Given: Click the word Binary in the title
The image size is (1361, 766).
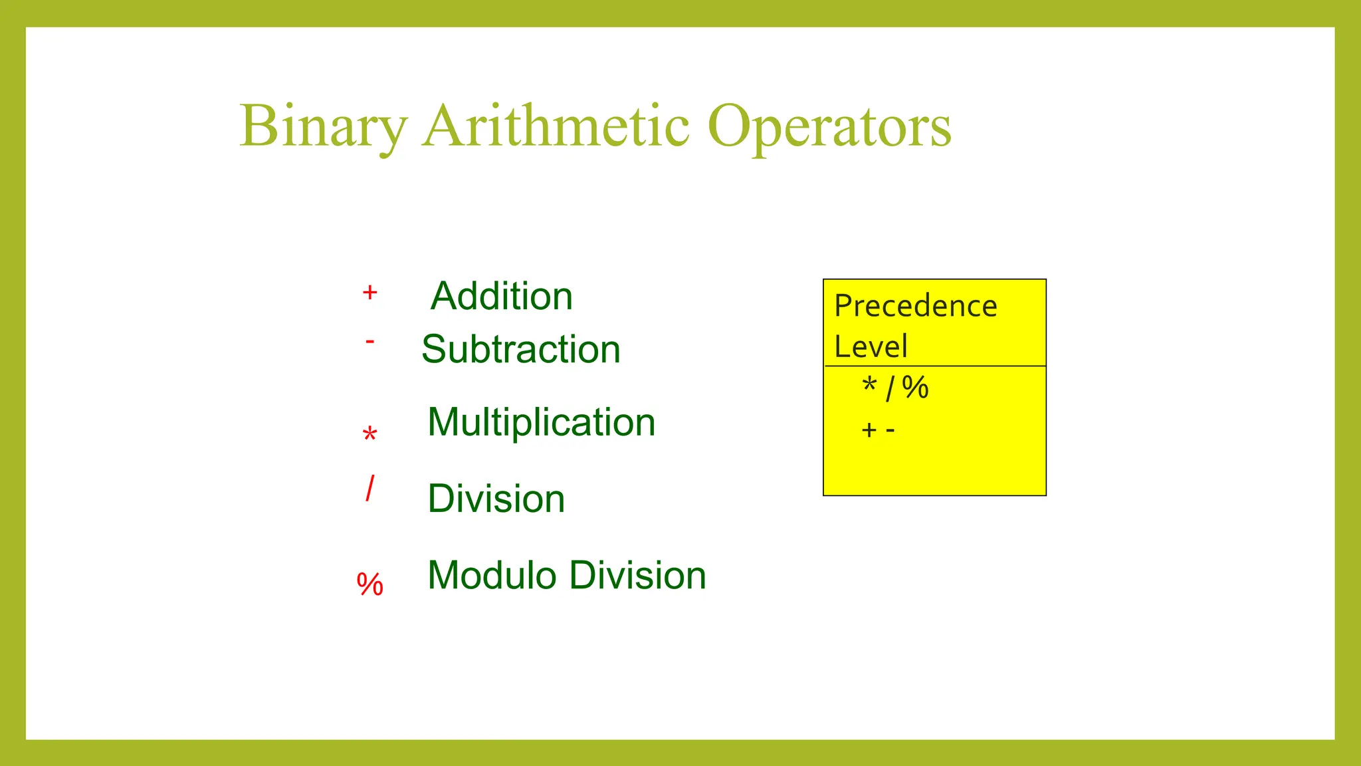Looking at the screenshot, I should click(x=323, y=126).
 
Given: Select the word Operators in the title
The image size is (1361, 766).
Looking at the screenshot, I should click(x=829, y=126).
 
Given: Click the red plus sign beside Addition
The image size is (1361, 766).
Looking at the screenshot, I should click(x=370, y=292).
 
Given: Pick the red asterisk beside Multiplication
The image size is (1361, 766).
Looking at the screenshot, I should click(x=370, y=435).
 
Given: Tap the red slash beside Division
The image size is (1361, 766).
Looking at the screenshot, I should click(x=370, y=489).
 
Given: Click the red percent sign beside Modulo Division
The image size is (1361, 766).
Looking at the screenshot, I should click(x=370, y=584).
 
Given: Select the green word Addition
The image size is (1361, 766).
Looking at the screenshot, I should click(x=502, y=296).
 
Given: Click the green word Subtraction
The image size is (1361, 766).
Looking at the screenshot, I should click(x=521, y=349).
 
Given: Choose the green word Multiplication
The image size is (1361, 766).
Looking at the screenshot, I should click(x=542, y=422).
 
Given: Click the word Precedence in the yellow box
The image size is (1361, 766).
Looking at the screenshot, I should click(x=916, y=307).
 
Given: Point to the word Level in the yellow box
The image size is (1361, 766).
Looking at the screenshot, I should click(x=871, y=346).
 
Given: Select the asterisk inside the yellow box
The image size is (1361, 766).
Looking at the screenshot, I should click(x=869, y=385).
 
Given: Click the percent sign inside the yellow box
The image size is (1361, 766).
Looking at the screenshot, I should click(x=916, y=388).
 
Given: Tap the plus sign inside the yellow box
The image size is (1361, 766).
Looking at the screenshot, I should click(x=869, y=430).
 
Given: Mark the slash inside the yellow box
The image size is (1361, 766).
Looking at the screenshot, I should click(x=890, y=388).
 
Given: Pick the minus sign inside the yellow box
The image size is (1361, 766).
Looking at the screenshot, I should click(x=890, y=431).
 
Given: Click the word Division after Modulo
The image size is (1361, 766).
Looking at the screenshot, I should click(x=638, y=575).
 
